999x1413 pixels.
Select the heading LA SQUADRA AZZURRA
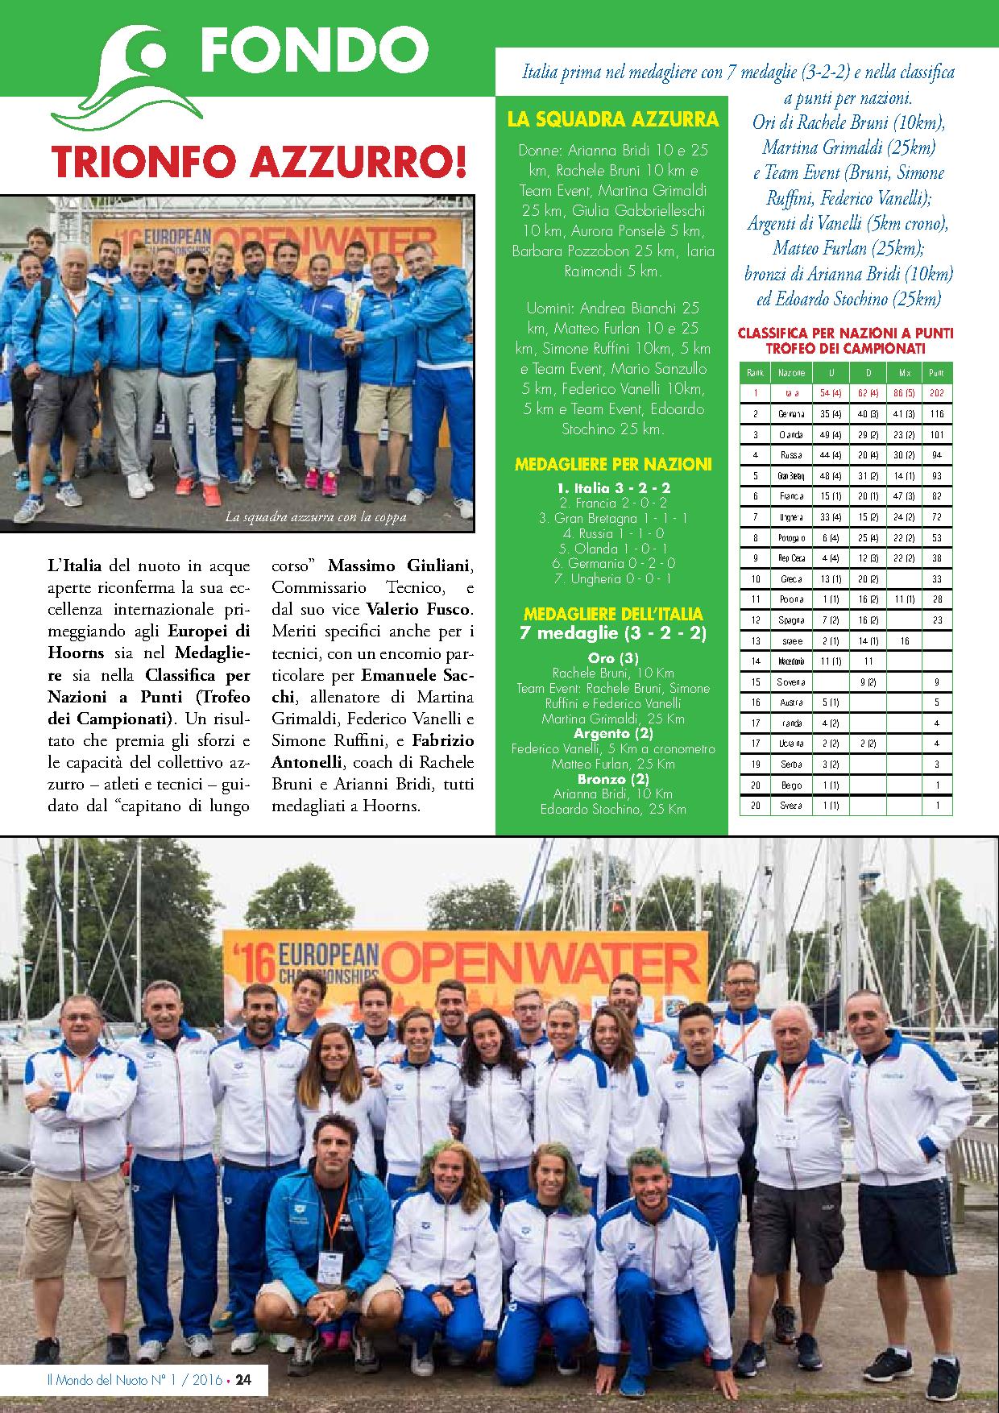point(613,120)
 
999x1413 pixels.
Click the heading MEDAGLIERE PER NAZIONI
point(613,464)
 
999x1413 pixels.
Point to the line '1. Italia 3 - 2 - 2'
point(613,488)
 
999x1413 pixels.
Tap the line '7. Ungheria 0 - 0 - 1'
point(613,578)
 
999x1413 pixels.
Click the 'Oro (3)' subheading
point(613,658)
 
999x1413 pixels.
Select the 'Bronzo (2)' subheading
point(613,779)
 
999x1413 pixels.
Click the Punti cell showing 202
point(936,393)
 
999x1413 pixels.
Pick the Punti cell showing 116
point(936,414)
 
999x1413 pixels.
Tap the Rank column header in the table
point(755,373)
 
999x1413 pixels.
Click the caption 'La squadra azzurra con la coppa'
point(316,517)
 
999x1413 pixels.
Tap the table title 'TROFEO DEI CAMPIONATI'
point(846,349)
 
